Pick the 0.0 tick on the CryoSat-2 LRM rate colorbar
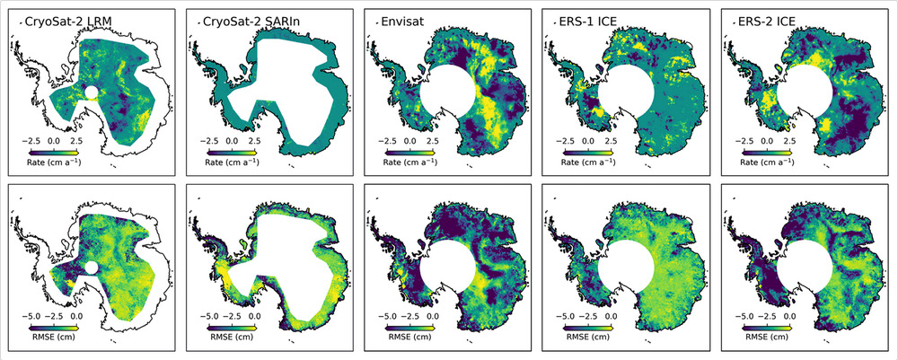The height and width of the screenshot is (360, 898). click(x=53, y=141)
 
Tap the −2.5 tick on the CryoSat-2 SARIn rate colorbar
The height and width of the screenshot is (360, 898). click(x=209, y=141)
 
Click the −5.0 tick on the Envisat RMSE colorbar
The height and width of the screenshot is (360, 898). click(x=387, y=317)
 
